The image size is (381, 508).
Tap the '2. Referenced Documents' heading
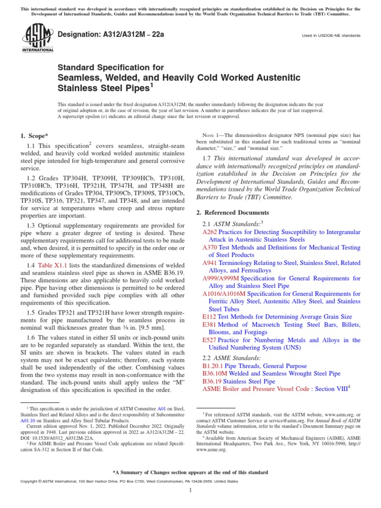click(231, 212)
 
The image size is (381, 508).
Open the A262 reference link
click(209, 232)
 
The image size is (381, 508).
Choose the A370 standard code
click(209, 248)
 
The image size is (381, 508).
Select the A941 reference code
click(209, 263)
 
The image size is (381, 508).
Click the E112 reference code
click(208, 317)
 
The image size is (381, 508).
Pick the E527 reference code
click(208, 340)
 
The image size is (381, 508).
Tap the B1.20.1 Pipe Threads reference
click(212, 366)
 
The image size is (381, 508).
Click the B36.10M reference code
click(213, 374)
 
